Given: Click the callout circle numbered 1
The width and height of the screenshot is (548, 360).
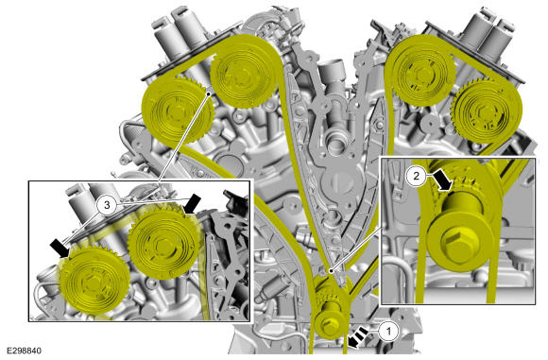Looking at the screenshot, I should tap(386, 330).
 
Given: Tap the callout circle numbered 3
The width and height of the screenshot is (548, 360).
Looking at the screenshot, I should tap(108, 204).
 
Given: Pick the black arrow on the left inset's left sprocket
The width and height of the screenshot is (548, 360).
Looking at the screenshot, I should tap(58, 249).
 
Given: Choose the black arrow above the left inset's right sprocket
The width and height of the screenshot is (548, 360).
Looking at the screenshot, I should tap(192, 203).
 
